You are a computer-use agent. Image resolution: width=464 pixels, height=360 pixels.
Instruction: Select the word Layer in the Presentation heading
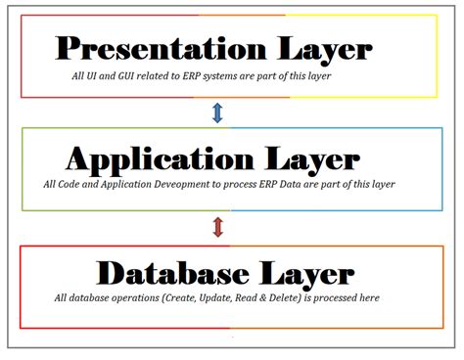pos(321,48)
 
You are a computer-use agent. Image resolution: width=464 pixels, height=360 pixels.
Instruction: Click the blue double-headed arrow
pos(217,113)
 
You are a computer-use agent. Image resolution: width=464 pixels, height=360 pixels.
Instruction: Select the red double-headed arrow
pos(217,227)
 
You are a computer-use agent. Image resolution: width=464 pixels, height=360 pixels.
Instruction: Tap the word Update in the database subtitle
pos(223,298)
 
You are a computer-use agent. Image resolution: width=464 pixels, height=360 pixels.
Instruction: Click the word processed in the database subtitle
pos(343,298)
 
